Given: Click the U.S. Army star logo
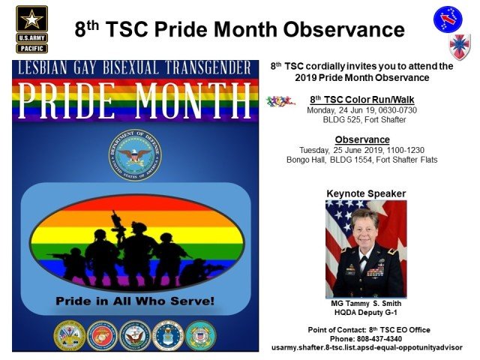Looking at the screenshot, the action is (31, 19).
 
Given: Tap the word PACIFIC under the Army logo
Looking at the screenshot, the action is (31, 48).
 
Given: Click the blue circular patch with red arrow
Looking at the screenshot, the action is (448, 19).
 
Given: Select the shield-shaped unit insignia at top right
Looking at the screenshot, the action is (460, 46).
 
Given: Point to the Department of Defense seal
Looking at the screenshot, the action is (135, 155).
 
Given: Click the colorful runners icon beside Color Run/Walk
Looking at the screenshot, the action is (280, 102).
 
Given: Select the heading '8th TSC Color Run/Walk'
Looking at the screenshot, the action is (361, 100).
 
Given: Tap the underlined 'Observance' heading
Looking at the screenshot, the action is (362, 139).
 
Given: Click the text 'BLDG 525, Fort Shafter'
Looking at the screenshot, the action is (364, 119).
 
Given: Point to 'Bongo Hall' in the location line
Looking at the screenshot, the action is (306, 160).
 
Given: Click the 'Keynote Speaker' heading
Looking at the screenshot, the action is (366, 193).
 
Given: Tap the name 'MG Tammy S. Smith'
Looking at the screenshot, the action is (366, 303).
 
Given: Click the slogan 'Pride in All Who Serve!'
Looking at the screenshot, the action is (135, 301).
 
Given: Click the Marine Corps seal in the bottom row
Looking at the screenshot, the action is (102, 335).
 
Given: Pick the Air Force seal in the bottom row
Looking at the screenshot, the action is (168, 335).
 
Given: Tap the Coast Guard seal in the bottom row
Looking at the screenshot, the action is (201, 335).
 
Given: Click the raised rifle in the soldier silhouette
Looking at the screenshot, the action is (118, 225).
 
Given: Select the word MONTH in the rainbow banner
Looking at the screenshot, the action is (193, 100).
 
